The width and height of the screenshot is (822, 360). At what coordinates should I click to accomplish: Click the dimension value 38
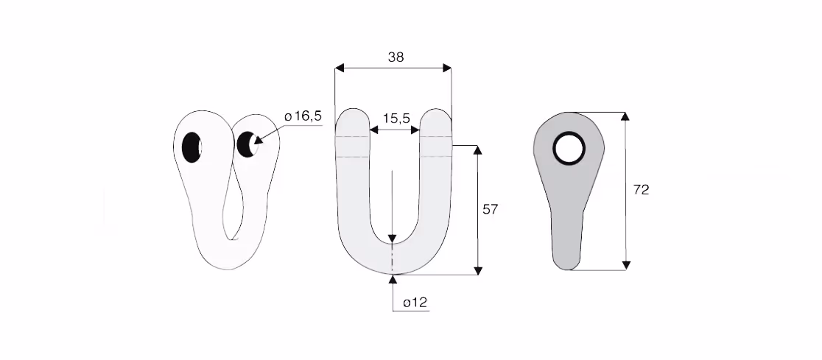click(396, 57)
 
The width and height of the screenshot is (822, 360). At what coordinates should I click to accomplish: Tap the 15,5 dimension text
click(396, 119)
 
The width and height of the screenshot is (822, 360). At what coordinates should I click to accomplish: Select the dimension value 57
click(490, 210)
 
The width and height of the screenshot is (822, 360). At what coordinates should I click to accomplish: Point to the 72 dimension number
click(641, 190)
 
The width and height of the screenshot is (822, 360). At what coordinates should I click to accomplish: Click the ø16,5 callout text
click(303, 116)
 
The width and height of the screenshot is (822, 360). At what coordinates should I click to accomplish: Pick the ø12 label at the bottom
click(415, 303)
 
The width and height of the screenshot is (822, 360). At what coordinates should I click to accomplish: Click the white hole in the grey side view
click(569, 148)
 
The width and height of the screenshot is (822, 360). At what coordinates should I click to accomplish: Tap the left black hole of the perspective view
click(192, 147)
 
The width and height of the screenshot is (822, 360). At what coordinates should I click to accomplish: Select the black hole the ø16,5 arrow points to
click(246, 144)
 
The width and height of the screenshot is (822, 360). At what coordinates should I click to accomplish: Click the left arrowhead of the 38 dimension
click(340, 68)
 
